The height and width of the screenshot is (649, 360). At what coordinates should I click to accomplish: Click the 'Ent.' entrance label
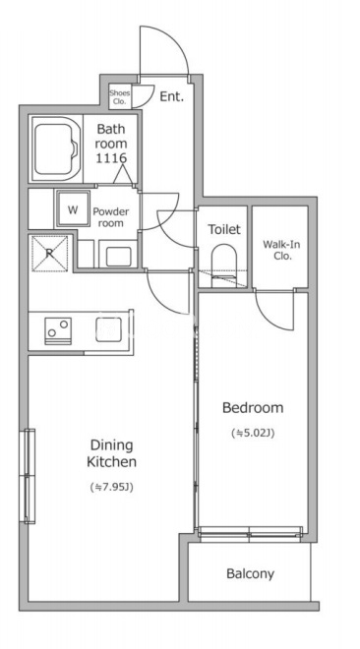[x=171, y=96]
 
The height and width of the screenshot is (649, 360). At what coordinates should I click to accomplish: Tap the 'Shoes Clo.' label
[x=119, y=96]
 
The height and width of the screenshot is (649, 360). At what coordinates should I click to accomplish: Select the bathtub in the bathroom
[x=55, y=149]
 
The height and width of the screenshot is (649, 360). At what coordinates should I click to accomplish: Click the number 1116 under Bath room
[x=111, y=158]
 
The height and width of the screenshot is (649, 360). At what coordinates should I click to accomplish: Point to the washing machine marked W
[x=73, y=208]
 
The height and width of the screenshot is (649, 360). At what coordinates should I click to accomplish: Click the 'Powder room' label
[x=110, y=217]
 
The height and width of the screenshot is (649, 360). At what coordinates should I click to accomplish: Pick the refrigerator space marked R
[x=49, y=254]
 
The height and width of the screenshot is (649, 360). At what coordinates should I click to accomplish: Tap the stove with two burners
[x=58, y=330]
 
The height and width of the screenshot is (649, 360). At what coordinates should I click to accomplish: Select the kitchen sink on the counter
[x=108, y=329]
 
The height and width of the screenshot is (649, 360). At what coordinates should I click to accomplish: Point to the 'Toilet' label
[x=224, y=229]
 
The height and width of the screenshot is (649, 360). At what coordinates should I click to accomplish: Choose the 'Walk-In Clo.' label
[x=281, y=250]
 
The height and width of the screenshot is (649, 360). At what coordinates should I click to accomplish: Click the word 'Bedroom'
[x=253, y=408]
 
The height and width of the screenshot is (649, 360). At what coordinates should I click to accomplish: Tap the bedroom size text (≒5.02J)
[x=253, y=434]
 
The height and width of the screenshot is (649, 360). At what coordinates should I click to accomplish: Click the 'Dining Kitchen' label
[x=112, y=453]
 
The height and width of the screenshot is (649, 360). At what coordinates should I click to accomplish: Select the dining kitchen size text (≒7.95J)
[x=111, y=487]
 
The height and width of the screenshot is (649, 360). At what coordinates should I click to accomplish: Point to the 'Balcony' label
[x=251, y=574]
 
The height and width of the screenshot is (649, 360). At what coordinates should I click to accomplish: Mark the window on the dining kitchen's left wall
[x=28, y=476]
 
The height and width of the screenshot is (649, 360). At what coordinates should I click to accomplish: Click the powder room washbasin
[x=118, y=256]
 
